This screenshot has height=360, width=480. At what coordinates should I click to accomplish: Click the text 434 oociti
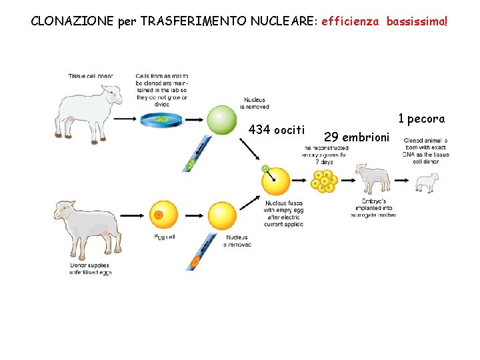pyautogui.click(x=277, y=129)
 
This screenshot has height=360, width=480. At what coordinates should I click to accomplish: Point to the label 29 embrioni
pyautogui.click(x=355, y=137)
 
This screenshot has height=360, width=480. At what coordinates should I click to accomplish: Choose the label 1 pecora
pyautogui.click(x=421, y=119)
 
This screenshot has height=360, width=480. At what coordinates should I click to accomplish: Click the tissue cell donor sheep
pyautogui.click(x=89, y=105)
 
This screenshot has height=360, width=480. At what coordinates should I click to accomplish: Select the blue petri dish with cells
pyautogui.click(x=161, y=119)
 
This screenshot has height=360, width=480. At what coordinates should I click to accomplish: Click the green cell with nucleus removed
pyautogui.click(x=221, y=120)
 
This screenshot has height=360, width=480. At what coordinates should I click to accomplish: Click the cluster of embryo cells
pyautogui.click(x=325, y=180)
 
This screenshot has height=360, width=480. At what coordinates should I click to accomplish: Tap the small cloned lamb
pyautogui.click(x=427, y=181)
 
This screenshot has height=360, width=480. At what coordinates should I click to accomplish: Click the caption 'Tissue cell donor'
pyautogui.click(x=91, y=76)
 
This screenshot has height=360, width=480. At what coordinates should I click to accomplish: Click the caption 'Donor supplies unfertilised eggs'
pyautogui.click(x=91, y=269)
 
